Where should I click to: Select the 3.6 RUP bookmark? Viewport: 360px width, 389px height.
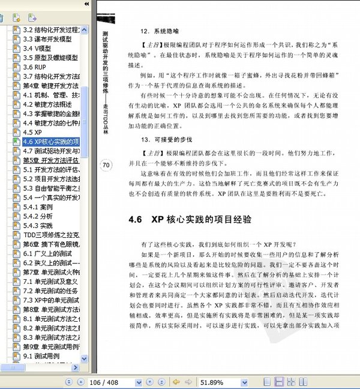coord(38,67)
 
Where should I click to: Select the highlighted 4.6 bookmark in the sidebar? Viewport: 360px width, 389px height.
coord(51,142)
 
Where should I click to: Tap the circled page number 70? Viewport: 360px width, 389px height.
coord(106,166)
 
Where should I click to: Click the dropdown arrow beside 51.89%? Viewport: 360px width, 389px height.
coord(245,382)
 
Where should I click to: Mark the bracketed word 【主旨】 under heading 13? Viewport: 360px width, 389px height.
coord(142,152)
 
